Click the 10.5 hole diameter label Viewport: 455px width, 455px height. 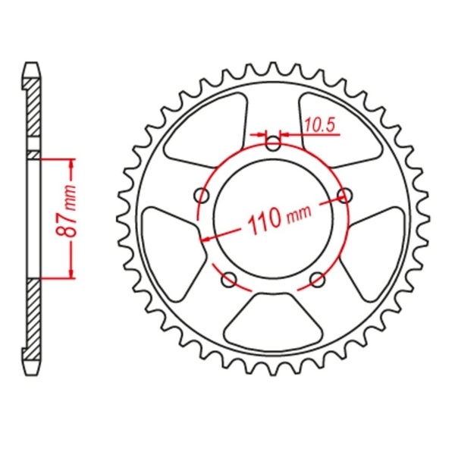point(320,127)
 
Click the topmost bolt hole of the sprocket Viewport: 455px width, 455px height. point(274,141)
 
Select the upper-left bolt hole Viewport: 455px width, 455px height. point(202,196)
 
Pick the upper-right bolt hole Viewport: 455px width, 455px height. point(347,196)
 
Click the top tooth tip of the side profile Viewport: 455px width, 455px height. point(31,65)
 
